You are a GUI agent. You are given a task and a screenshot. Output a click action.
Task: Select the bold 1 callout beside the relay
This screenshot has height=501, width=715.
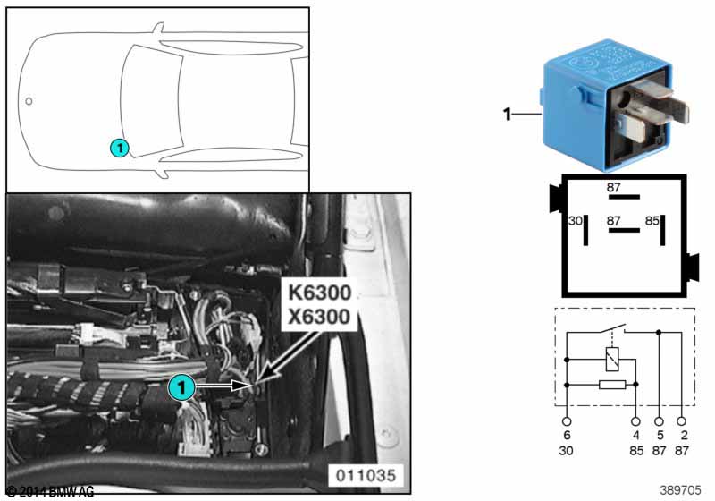click(507, 114)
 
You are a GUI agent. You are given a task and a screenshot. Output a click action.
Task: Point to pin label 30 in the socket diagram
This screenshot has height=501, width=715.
click(576, 220)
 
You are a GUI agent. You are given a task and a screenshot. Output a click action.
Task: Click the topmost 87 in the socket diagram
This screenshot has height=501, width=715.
click(613, 188)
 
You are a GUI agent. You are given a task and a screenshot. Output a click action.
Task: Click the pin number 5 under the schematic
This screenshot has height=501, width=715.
click(660, 436)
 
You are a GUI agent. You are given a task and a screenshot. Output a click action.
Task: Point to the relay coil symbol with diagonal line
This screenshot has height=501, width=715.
click(610, 360)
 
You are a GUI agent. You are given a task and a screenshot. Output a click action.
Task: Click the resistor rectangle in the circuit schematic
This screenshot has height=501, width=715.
click(610, 385)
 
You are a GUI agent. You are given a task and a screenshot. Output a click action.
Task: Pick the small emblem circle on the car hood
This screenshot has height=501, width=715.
click(29, 101)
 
